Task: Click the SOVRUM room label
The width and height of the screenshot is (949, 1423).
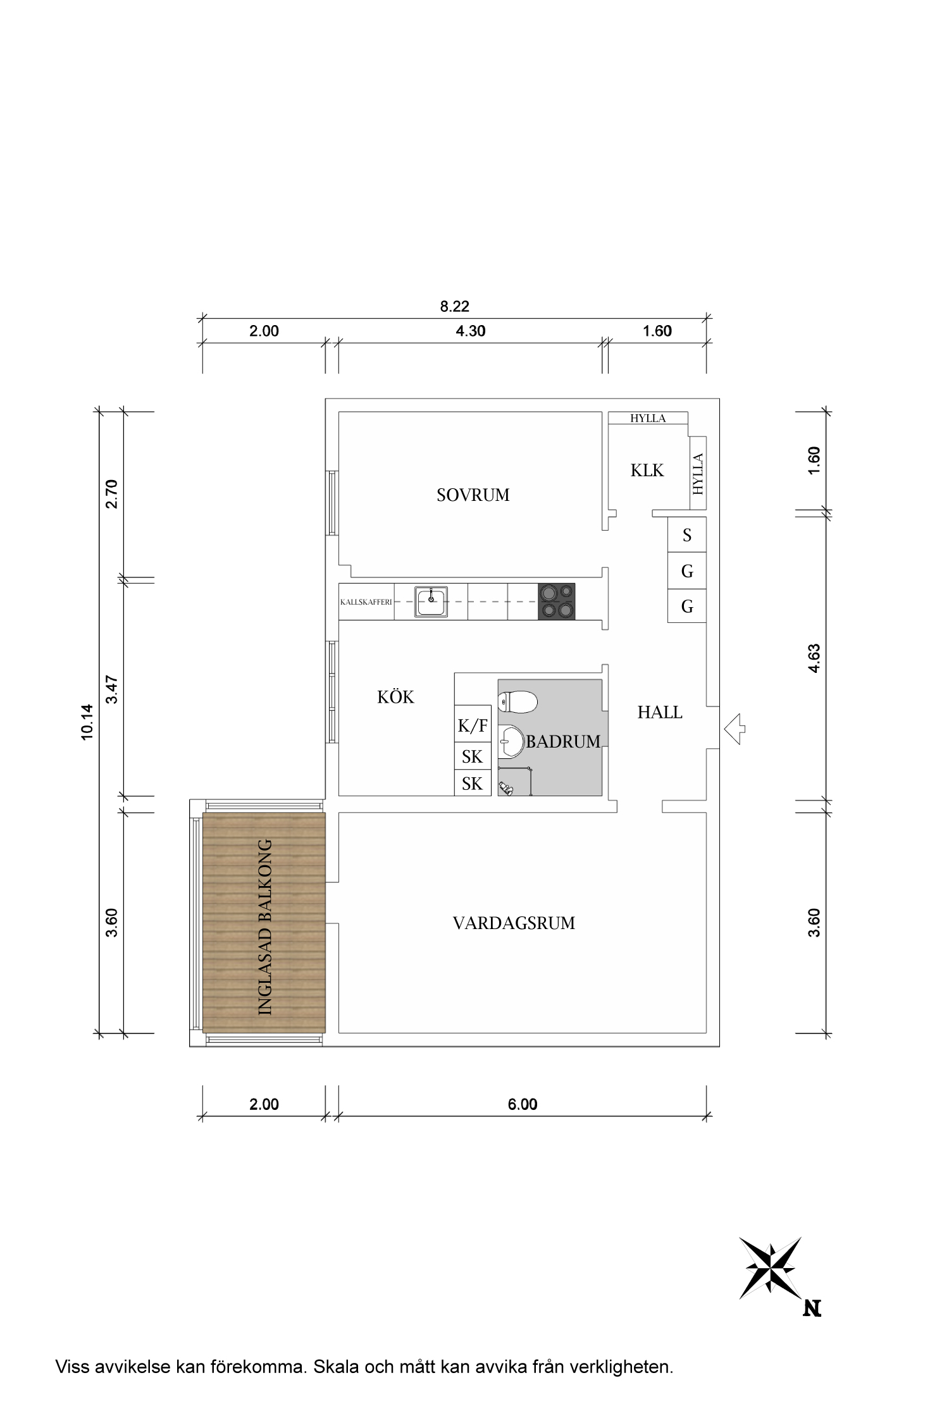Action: click(x=473, y=495)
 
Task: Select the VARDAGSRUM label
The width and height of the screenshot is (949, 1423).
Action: click(x=514, y=923)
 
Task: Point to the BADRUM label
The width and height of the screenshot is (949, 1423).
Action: click(x=563, y=742)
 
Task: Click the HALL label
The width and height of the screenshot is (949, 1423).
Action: click(x=660, y=713)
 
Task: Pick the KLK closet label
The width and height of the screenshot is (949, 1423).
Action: click(x=647, y=471)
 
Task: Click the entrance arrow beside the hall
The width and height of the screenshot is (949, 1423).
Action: click(x=735, y=729)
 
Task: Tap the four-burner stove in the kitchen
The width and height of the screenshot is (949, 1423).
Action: click(x=557, y=601)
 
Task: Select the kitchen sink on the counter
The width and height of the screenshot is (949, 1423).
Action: click(x=431, y=601)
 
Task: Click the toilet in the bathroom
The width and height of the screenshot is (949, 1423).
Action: click(x=518, y=701)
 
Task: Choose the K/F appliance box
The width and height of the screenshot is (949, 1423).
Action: click(x=473, y=726)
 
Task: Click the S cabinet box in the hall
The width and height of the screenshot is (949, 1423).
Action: click(x=687, y=536)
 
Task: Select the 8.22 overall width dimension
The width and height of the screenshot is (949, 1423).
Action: click(x=455, y=307)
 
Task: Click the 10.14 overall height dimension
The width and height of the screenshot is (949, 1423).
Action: click(x=87, y=722)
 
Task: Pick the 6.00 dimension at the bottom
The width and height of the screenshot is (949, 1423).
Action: click(x=523, y=1104)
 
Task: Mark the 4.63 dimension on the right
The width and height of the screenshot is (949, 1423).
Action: click(x=814, y=658)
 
